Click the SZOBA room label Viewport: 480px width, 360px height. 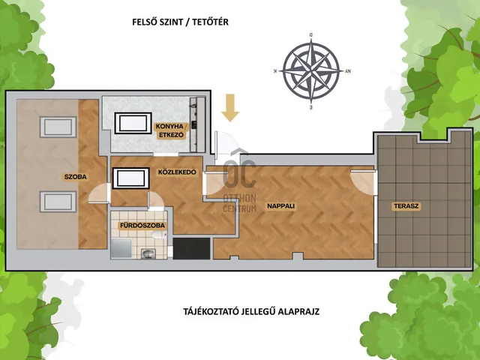[75, 177]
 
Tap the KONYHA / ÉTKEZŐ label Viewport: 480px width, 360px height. [170, 130]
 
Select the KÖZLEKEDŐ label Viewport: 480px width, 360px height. [177, 172]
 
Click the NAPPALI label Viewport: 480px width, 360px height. [281, 206]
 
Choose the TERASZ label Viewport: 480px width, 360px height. [406, 206]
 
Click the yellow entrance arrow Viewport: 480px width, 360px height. [230, 108]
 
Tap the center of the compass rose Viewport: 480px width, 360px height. [311, 70]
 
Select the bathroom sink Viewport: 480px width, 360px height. [148, 253]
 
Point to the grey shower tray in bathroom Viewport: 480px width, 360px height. [121, 248]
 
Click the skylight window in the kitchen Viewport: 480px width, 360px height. [133, 123]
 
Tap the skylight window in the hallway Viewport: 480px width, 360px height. [131, 178]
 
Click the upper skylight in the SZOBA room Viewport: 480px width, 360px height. [58, 127]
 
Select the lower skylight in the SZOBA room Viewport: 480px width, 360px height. [58, 202]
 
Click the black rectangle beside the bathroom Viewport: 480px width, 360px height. [192, 248]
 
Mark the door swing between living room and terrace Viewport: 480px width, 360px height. [363, 182]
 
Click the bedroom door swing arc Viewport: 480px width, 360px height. [99, 193]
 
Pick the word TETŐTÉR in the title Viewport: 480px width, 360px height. [210, 22]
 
